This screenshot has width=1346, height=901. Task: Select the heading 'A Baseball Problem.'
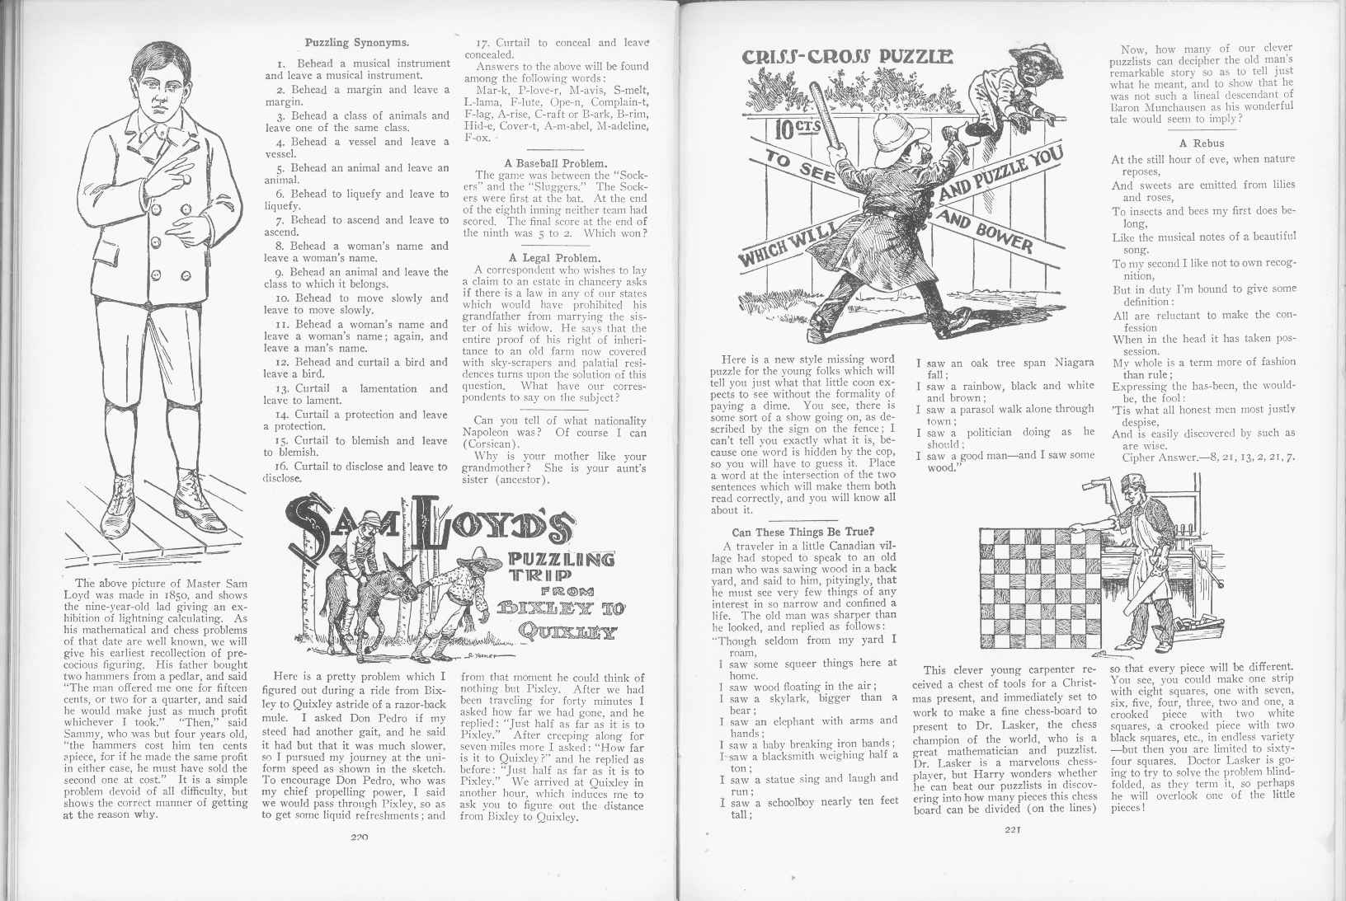click(555, 162)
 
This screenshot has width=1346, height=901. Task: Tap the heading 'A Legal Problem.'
click(555, 257)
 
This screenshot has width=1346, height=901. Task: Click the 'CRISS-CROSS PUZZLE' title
click(849, 58)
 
